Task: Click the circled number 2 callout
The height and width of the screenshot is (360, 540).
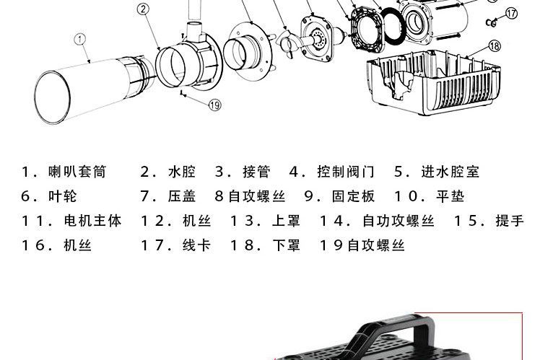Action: point(143,9)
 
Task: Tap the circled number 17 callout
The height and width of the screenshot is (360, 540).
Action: point(511,13)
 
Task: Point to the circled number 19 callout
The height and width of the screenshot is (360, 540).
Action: point(214,105)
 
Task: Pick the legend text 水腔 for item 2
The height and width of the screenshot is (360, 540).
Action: point(182,172)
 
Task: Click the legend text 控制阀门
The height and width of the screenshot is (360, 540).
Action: point(346,172)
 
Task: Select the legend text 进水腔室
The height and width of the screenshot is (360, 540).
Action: point(450,172)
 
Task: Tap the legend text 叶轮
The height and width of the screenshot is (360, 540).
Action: point(64,196)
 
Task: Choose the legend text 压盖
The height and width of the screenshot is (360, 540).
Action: point(182,196)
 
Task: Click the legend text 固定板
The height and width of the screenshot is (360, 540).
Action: point(353,196)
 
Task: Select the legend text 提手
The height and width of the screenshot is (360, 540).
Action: point(510,221)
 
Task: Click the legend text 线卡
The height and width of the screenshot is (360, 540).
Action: point(196,245)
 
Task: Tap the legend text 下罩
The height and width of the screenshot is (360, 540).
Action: point(287,245)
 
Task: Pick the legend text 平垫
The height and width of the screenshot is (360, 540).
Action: point(450,196)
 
